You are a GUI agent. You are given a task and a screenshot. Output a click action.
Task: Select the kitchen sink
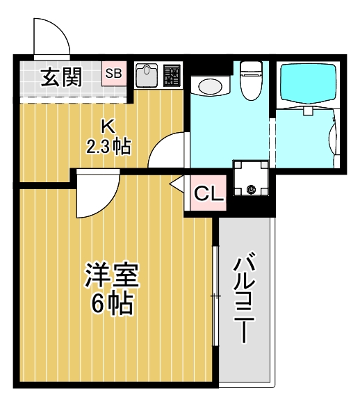(147, 76)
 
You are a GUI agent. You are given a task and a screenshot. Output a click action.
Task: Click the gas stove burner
(172, 76)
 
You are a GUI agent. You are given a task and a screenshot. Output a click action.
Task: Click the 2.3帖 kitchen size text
(108, 147)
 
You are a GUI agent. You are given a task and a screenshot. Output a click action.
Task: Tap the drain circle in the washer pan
(250, 188)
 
